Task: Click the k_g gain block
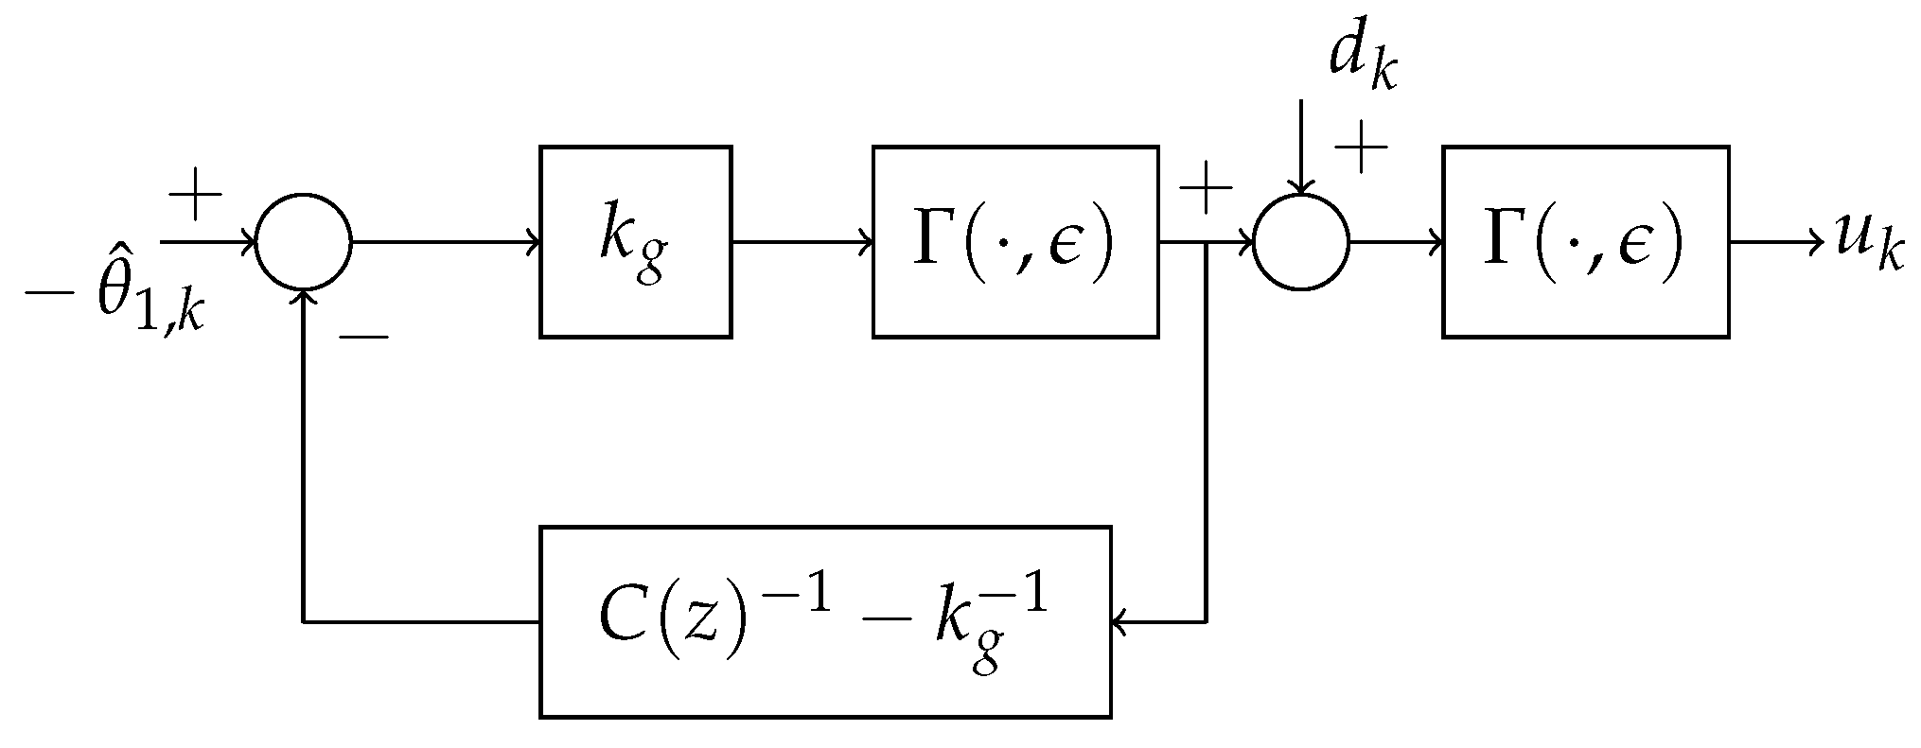[x=635, y=242]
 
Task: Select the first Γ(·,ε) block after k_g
[x=1014, y=242]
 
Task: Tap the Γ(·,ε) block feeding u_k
[x=1585, y=242]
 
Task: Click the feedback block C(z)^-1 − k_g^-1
[x=824, y=621]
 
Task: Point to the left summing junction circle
[x=304, y=242]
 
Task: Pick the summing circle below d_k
[x=1301, y=242]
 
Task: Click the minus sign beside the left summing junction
[x=363, y=337]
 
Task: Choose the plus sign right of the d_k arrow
[x=1360, y=148]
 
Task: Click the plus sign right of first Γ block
[x=1206, y=190]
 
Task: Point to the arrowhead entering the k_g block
[x=535, y=242]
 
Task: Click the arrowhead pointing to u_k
[x=1815, y=242]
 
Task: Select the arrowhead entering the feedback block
[x=1119, y=621]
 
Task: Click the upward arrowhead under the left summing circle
[x=304, y=297]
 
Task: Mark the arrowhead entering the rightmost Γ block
[x=1436, y=242]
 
